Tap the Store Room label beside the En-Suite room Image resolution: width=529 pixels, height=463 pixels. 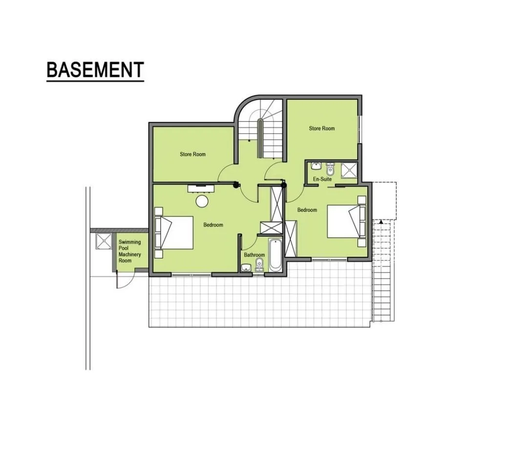[322, 128]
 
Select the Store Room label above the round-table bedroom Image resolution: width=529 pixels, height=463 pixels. [192, 154]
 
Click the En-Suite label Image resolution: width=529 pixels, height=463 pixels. [322, 179]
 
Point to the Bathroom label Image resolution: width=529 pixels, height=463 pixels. [254, 255]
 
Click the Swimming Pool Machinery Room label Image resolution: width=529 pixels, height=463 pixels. [129, 251]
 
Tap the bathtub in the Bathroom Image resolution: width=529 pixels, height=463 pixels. [275, 255]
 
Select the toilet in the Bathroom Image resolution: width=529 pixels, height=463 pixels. [260, 264]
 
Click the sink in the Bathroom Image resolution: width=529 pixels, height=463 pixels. [246, 268]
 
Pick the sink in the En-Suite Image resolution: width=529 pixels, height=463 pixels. [316, 166]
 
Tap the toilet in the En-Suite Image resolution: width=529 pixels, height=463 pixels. [330, 169]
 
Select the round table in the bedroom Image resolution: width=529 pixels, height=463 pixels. [202, 201]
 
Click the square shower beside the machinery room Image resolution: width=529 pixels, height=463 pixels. [103, 241]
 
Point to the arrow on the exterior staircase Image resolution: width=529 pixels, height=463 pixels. [381, 222]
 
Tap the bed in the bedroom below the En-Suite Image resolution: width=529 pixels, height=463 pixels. [346, 222]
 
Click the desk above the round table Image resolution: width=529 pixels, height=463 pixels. [201, 188]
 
